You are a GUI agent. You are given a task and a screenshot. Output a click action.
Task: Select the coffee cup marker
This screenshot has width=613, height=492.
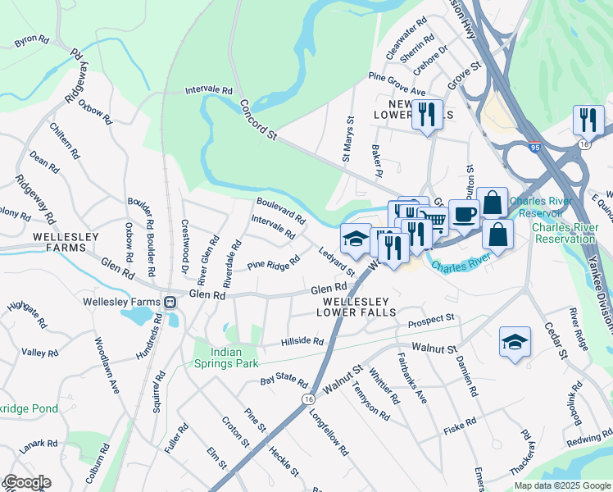click(464, 215)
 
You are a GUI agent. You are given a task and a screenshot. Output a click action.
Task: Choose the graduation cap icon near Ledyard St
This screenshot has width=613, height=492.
click(355, 239)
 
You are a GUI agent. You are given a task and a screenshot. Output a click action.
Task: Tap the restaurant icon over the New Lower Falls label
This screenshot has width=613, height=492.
click(427, 115)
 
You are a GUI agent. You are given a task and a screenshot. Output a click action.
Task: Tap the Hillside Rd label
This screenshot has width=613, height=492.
click(302, 341)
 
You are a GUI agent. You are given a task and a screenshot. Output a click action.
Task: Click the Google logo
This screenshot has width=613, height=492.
click(26, 482)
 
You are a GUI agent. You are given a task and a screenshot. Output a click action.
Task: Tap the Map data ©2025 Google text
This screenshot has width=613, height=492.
click(561, 485)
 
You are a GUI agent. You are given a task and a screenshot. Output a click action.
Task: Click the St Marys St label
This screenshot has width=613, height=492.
click(349, 141)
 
